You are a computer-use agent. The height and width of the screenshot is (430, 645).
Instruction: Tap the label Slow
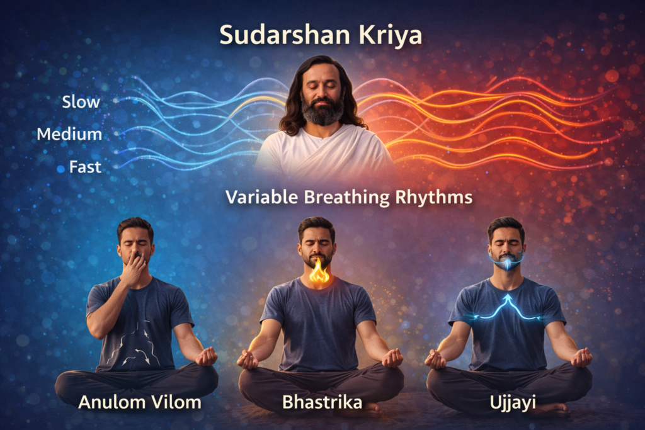click(81, 102)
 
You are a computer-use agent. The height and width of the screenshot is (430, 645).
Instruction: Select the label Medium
click(69, 134)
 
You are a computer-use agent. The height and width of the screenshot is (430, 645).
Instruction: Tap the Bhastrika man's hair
click(316, 223)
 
